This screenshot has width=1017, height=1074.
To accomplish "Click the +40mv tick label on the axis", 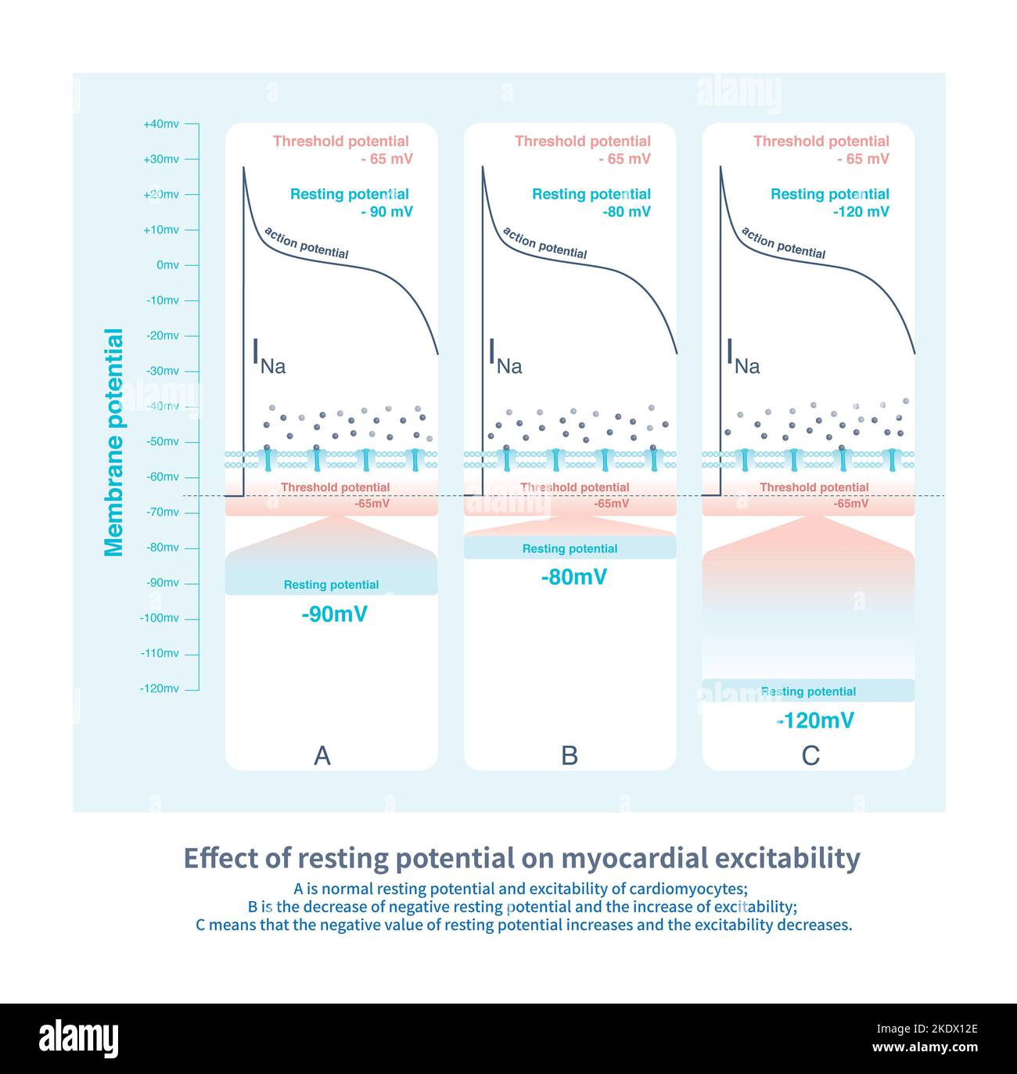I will point(160,124).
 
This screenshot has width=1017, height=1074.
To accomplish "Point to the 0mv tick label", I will point(167,265).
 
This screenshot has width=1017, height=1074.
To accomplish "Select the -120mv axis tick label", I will point(159,689).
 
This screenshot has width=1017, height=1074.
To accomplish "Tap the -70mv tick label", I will point(163,512).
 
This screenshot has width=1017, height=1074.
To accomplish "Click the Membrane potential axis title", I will point(114,443).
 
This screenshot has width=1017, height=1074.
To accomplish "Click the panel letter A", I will point(322,756).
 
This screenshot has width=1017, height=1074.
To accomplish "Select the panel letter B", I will point(570,756).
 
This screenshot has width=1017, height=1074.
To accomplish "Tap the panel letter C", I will point(810,756).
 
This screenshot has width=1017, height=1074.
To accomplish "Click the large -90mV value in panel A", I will point(334,614).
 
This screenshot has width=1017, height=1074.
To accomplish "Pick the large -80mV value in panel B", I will point(573,577).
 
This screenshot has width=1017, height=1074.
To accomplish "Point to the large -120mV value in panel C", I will point(815,720).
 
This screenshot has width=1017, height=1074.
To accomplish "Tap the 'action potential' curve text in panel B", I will point(544,243).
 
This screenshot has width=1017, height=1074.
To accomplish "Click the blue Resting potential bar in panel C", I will point(808,691).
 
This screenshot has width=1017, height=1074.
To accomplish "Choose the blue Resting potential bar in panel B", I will point(570,548).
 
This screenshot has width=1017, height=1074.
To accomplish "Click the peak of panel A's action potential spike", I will point(243,167).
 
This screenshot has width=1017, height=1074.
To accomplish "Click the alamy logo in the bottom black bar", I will point(79,1039).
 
